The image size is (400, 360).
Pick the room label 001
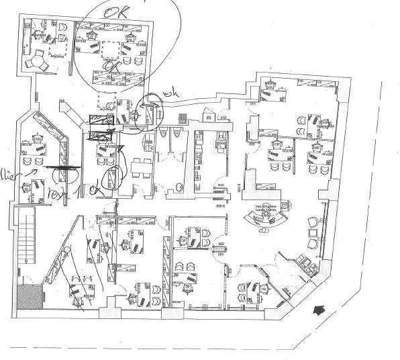coord(220,255)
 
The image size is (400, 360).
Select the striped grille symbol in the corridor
coord(100,121)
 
